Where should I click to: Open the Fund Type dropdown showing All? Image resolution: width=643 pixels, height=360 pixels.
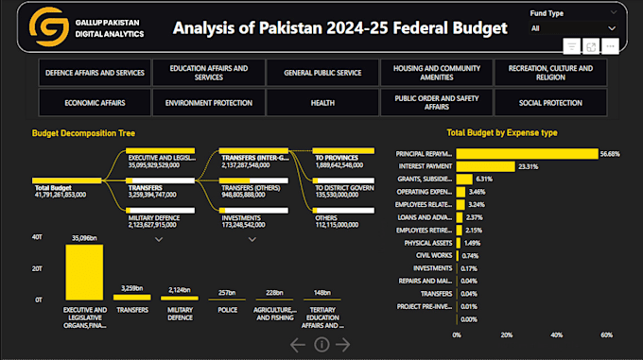576,28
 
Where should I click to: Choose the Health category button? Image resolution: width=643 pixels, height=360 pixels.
321,102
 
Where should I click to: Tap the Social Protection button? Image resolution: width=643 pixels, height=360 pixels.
550,102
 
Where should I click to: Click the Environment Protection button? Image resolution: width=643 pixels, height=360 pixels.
208,102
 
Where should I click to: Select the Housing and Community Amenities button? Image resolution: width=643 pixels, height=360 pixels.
436,73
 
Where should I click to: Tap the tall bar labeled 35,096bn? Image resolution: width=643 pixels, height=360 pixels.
84,271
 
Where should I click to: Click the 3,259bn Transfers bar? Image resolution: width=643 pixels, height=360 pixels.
131,297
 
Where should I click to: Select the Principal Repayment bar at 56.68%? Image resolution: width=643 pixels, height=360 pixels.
527,153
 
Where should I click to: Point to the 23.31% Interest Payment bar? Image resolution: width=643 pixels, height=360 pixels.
485,165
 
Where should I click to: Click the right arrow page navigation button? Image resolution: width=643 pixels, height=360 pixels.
343,345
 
